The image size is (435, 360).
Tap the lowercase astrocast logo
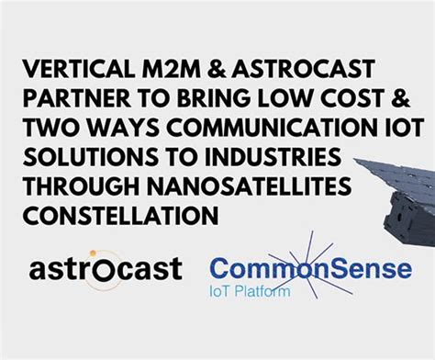pos(106,269)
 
